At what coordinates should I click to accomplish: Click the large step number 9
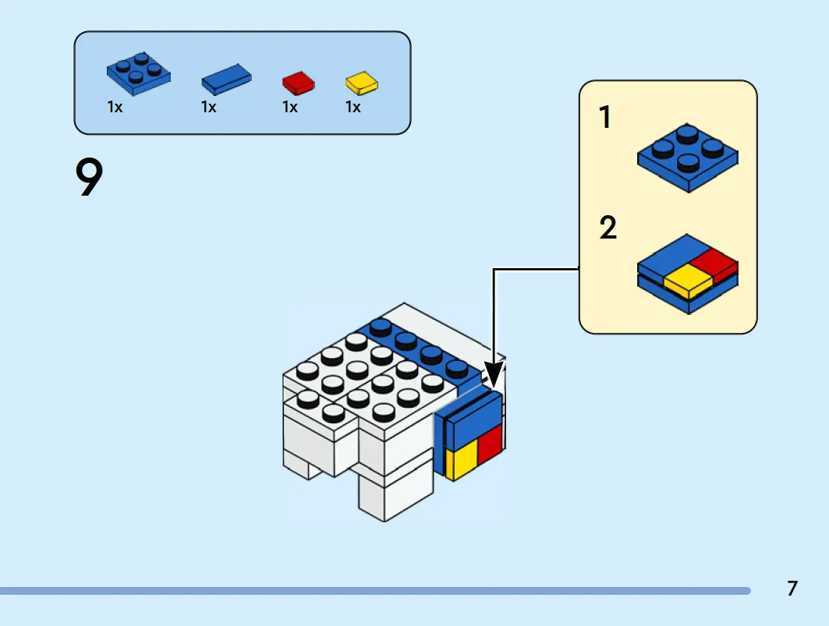coord(89,177)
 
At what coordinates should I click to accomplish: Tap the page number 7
coord(792,589)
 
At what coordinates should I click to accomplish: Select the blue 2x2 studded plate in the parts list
coord(139,73)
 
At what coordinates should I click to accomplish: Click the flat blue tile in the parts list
coord(226,80)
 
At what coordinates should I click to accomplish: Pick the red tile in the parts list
coord(298,83)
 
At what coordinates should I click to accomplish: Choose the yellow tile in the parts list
coord(362,83)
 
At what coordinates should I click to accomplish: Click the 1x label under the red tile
coord(290,108)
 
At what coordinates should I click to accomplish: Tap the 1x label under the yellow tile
coord(353,108)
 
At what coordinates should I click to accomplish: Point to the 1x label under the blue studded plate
coord(115,108)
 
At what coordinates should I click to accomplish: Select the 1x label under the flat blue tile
coord(209,108)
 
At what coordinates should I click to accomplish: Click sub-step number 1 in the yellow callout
coord(605,117)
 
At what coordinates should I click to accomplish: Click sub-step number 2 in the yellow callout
coord(608,228)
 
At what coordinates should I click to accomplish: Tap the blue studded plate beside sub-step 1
coord(688,157)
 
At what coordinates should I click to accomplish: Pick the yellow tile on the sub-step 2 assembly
coord(689,281)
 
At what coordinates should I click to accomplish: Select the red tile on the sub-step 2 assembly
coord(714,264)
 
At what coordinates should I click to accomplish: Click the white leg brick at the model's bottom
coord(395,492)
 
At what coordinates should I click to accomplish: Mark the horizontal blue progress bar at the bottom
coord(375,591)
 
